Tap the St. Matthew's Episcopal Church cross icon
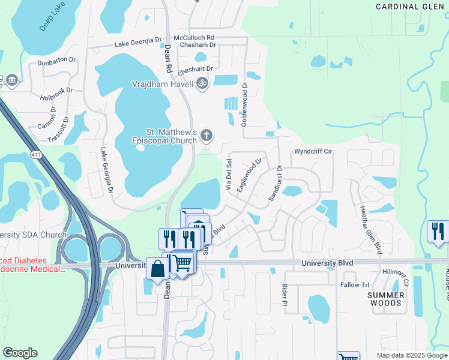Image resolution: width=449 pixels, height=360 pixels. click(206, 135)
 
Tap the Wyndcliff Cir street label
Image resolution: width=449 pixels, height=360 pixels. click(313, 152)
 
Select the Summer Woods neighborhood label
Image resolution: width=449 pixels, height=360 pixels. click(385, 299)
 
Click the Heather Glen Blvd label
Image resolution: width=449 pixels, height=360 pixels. click(370, 229)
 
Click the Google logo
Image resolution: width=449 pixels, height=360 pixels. click(20, 353)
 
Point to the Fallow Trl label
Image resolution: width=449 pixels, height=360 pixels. click(355, 285)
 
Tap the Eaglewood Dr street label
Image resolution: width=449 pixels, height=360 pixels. click(249, 175)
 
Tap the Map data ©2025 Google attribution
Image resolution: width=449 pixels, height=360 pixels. click(411, 355)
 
